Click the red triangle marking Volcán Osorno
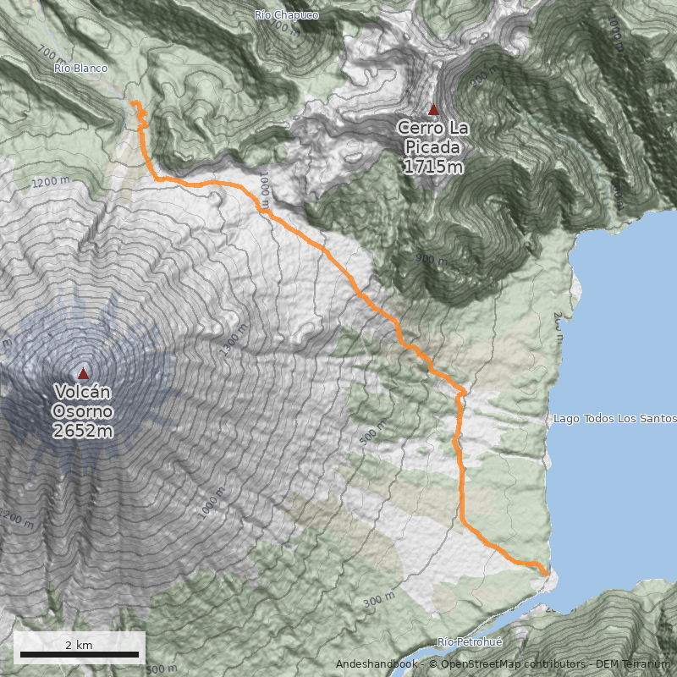[83, 373]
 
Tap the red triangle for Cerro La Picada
[434, 109]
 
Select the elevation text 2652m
[83, 431]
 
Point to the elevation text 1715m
[433, 166]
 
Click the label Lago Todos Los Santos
[614, 419]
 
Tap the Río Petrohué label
[470, 643]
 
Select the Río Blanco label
[80, 68]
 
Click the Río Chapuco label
[286, 15]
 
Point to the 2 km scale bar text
[79, 645]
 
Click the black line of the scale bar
[79, 654]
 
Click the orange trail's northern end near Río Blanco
[134, 102]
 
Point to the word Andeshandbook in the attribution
[376, 664]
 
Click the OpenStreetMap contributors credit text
[508, 664]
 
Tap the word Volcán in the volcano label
[83, 393]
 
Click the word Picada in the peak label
[433, 146]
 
